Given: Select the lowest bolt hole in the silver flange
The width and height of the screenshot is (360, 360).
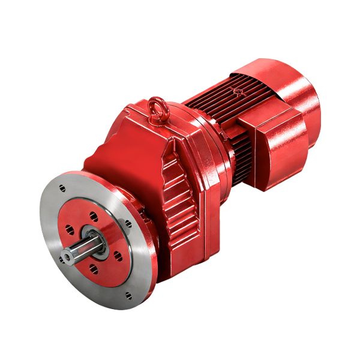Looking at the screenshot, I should point(129,295).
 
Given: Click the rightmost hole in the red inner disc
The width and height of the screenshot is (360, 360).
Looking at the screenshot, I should point(118,257).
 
